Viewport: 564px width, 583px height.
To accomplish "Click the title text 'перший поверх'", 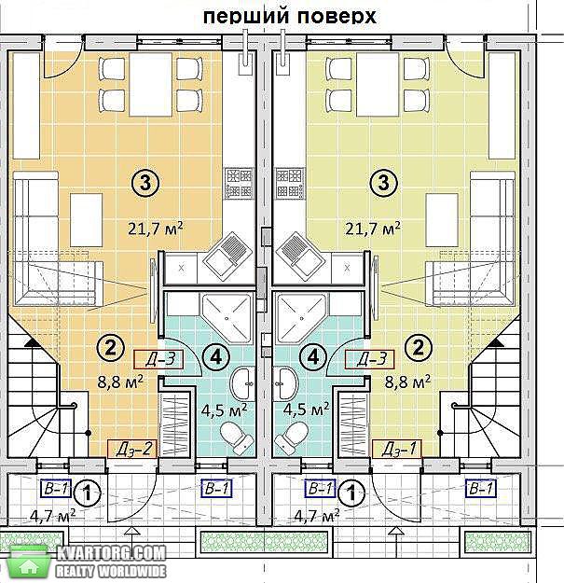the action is pos(289,17).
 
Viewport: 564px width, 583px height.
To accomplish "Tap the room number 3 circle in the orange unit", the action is pos(145,183).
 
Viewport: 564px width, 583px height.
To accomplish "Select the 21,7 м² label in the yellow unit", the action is pos(373,229).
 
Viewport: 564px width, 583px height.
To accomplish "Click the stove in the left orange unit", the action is pos(239,183).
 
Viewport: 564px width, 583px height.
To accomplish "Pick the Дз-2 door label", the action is pos(132,449).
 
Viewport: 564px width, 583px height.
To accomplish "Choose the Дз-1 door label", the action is pos(397,449).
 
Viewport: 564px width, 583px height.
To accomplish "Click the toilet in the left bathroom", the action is pos(237,437).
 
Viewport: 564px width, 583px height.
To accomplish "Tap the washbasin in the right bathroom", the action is pos(284,383).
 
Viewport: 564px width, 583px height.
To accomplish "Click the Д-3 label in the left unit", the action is pos(158,359).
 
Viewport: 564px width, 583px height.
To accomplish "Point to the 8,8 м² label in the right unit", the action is pos(407,382).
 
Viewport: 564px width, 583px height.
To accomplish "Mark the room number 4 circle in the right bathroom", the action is pos(313,357).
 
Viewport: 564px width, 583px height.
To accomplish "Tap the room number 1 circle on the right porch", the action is pos(351,493).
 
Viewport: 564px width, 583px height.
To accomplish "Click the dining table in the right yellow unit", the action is pos(378,84).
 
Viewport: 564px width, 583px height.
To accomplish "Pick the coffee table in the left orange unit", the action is pos(86,220).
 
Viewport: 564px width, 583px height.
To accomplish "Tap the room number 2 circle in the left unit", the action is pos(110,348).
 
